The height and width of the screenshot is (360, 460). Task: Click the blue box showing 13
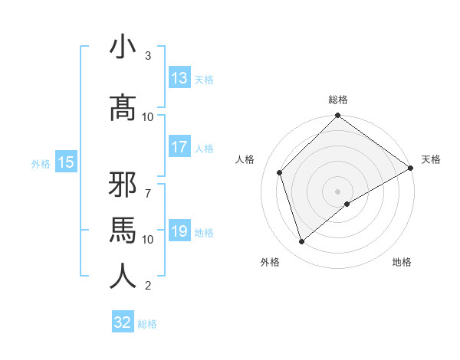[x=179, y=78]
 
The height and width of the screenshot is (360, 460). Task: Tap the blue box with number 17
[x=179, y=148]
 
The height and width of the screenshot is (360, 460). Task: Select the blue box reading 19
[x=179, y=231]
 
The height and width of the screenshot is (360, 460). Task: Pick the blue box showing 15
[x=65, y=162]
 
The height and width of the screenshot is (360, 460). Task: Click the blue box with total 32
[x=123, y=322]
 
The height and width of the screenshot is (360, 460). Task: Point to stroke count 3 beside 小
[x=148, y=56]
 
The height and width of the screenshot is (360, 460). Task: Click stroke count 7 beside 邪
[x=148, y=186]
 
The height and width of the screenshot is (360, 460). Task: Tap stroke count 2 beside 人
[x=148, y=286]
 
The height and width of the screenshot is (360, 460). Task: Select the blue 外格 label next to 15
[x=40, y=163]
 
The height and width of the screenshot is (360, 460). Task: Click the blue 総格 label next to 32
[x=147, y=323]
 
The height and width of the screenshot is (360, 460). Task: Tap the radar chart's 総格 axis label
[x=338, y=100]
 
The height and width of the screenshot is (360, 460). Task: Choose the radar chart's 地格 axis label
[x=402, y=262]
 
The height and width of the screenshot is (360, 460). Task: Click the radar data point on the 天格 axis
[x=411, y=169]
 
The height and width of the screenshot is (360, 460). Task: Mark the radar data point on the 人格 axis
[x=280, y=172]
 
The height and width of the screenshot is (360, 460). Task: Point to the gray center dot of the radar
[x=338, y=191]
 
